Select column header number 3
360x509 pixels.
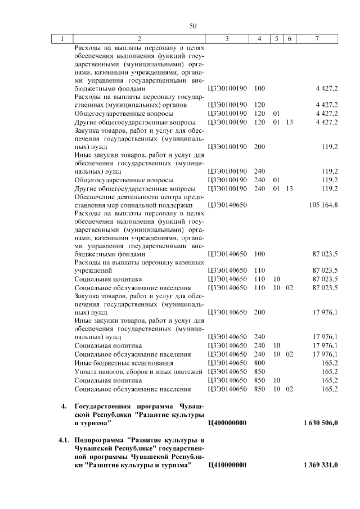click(x=227, y=39)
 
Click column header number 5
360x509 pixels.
click(x=276, y=39)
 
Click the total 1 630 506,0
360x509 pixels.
click(x=320, y=422)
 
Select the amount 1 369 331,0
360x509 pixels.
click(x=320, y=465)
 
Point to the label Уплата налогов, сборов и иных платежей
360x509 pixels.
click(x=138, y=372)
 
